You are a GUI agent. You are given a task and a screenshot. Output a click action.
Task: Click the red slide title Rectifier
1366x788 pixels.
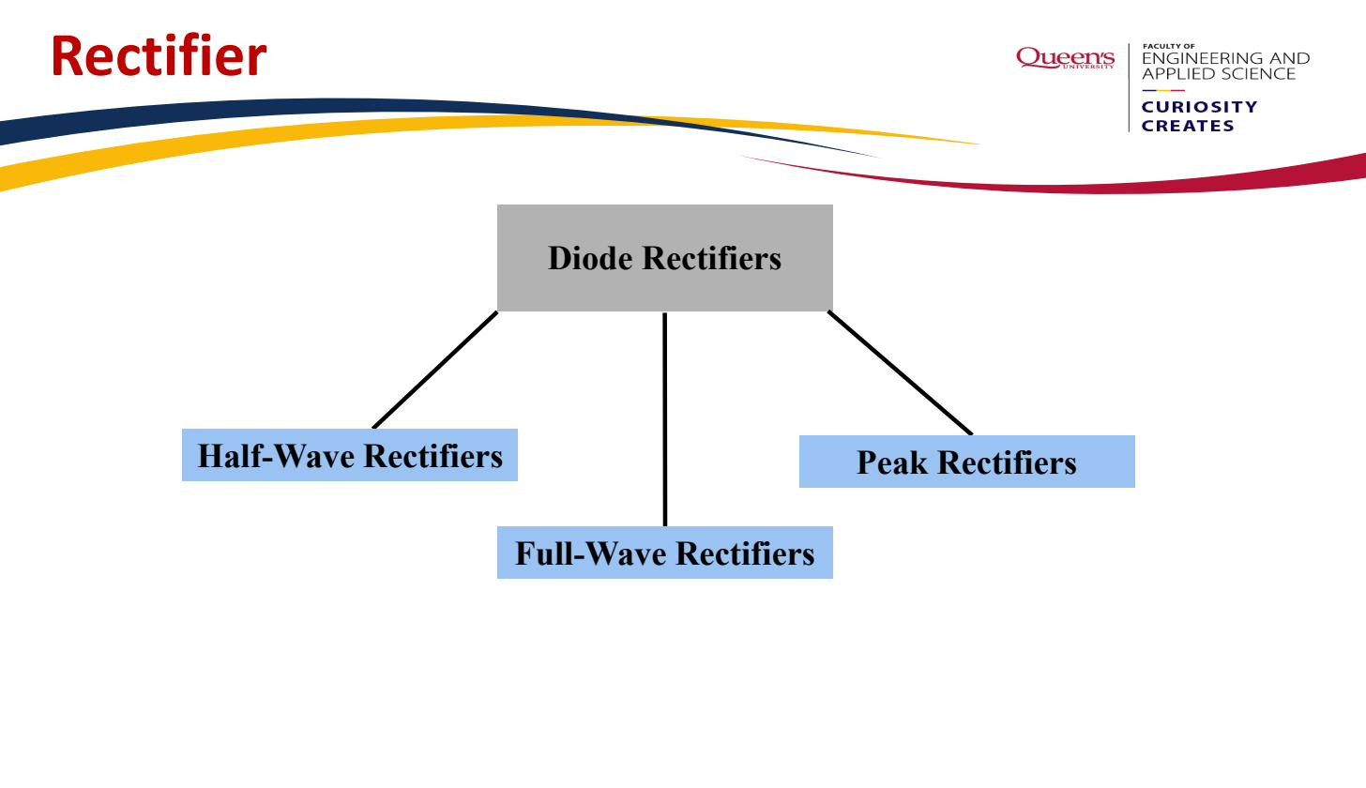(159, 55)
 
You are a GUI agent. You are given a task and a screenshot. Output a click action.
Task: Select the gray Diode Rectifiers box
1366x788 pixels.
(664, 258)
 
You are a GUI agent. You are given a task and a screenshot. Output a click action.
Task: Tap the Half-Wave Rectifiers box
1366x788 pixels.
(350, 455)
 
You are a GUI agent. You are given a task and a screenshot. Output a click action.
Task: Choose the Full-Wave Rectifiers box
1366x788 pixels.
(664, 553)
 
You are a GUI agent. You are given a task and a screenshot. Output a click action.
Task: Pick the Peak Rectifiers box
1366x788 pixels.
(967, 462)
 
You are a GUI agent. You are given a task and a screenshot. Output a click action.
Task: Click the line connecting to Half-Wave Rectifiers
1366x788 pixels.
(435, 370)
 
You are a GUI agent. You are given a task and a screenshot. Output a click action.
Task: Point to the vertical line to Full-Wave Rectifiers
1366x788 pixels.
(664, 419)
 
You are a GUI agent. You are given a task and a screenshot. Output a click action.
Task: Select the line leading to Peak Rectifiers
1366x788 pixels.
(900, 372)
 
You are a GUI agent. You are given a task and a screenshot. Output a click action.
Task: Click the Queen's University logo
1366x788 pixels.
(1065, 58)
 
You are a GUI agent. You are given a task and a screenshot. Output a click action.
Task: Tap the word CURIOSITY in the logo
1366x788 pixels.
(1199, 107)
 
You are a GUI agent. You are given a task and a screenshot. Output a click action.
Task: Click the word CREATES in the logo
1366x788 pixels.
(1188, 126)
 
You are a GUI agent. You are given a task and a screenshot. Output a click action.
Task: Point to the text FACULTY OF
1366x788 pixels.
(1168, 46)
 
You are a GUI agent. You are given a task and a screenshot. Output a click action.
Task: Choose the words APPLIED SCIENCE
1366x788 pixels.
(1219, 74)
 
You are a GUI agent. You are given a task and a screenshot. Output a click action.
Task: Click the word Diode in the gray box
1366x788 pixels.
(590, 258)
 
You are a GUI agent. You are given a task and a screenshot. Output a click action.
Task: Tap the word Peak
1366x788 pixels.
(892, 462)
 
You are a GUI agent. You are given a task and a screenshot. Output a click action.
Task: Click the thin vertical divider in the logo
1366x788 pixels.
(1129, 88)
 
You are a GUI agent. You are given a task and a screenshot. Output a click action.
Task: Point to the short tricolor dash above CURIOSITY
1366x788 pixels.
(1163, 90)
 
